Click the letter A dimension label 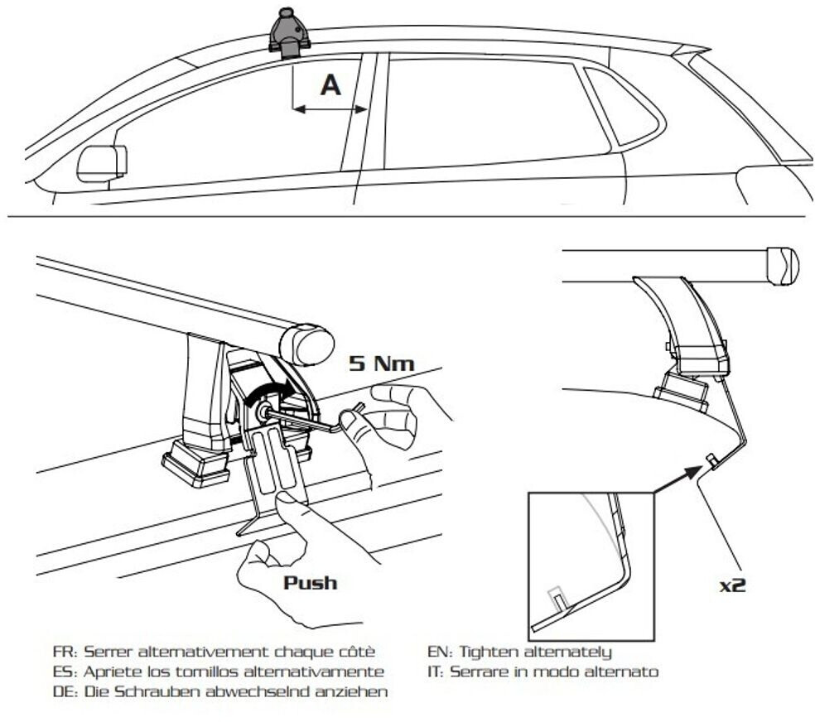click(x=330, y=85)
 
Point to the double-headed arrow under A click(x=330, y=108)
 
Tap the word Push click(x=311, y=582)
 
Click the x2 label click(x=732, y=585)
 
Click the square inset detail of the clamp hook click(x=590, y=562)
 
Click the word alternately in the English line click(x=571, y=652)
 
